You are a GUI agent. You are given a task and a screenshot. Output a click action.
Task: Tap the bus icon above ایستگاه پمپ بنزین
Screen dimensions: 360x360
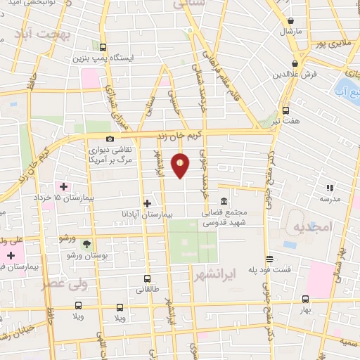(x=103, y=46)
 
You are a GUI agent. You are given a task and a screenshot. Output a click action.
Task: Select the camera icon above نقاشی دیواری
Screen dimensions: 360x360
(x=109, y=139)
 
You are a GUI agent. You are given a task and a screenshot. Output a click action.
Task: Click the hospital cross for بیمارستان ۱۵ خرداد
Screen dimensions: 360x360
(x=64, y=186)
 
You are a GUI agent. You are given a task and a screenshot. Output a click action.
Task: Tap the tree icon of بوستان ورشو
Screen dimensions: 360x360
(x=86, y=243)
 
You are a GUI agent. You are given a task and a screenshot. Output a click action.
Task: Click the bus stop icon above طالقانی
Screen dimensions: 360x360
(x=147, y=278)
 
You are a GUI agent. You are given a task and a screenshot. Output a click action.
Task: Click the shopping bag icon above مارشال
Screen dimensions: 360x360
(x=290, y=20)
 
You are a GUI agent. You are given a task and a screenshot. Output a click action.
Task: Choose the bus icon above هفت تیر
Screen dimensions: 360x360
(x=285, y=110)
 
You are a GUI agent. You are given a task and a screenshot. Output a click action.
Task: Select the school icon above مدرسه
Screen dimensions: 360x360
(x=328, y=187)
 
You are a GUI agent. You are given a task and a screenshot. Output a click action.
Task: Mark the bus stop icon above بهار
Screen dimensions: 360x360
(x=304, y=298)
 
